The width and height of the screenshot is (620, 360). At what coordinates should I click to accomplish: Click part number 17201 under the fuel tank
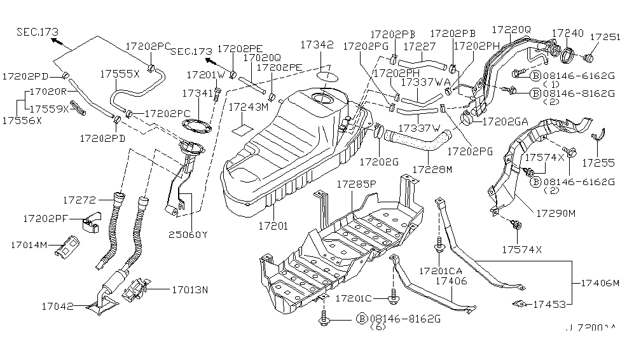pyautogui.click(x=273, y=225)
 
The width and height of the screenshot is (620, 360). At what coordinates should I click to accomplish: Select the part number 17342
pyautogui.click(x=317, y=45)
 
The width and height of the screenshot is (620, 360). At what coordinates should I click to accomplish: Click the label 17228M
pyautogui.click(x=432, y=169)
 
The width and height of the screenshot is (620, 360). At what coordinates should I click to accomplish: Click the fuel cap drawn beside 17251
pyautogui.click(x=587, y=59)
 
